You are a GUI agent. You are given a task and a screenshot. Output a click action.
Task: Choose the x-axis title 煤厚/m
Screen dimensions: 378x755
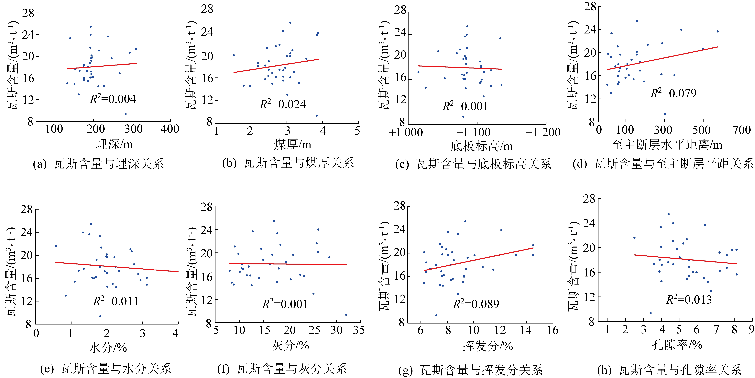click(x=292, y=144)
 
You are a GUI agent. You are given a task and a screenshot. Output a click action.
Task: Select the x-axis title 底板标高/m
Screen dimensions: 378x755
click(x=482, y=146)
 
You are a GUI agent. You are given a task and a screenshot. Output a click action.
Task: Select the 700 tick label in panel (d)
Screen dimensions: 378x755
click(x=741, y=130)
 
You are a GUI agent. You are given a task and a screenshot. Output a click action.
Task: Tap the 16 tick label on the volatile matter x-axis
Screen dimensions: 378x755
click(x=553, y=330)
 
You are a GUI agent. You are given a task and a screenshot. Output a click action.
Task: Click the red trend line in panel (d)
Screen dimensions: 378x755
click(x=662, y=58)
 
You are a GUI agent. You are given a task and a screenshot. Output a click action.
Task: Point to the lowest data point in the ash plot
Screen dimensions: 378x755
click(x=346, y=315)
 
